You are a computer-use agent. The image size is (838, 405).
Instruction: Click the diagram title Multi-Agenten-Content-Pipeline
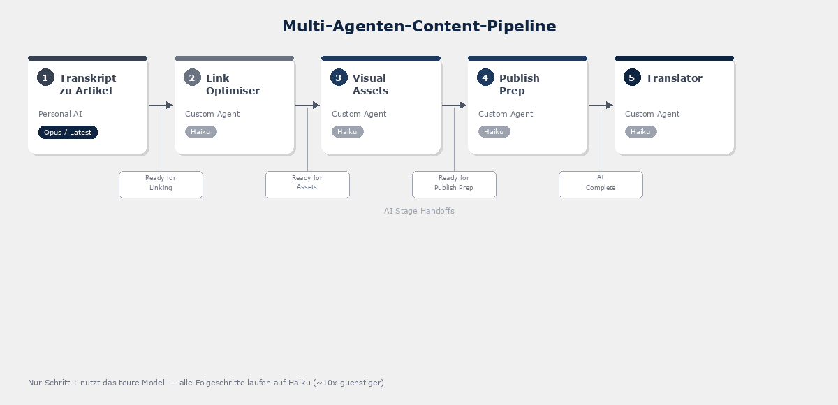[x=419, y=26]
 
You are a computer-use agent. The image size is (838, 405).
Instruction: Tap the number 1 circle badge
[x=45, y=78]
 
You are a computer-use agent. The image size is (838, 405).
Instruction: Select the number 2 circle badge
[x=192, y=78]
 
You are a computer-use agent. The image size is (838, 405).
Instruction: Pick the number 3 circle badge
[x=339, y=78]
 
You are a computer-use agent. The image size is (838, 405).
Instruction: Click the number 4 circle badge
[x=485, y=78]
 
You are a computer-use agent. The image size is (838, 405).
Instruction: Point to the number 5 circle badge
[x=632, y=78]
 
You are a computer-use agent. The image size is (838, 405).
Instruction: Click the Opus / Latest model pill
[x=68, y=132]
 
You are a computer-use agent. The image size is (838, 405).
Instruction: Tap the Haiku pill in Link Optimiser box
[x=200, y=131]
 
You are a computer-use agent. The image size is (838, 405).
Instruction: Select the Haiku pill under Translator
[x=640, y=131]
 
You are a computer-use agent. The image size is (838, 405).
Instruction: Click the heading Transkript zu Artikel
[x=87, y=84]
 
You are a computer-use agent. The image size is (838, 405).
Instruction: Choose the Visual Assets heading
[x=370, y=84]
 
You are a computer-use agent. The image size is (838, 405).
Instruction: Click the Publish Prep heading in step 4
[x=519, y=84]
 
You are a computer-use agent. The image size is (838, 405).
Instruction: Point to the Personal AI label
[x=60, y=114]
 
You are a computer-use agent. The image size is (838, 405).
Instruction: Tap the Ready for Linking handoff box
[x=161, y=184]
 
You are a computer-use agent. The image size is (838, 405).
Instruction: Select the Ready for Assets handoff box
[x=307, y=184]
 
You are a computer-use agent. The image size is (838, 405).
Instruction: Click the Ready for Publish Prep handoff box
[x=454, y=184]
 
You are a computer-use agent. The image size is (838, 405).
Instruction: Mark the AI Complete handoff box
[x=601, y=184]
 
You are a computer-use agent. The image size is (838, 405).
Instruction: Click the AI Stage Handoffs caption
[x=419, y=211]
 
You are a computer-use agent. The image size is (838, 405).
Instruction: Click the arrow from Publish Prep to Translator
[x=601, y=105]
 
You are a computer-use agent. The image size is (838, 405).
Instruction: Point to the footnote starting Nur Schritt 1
[x=206, y=383]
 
